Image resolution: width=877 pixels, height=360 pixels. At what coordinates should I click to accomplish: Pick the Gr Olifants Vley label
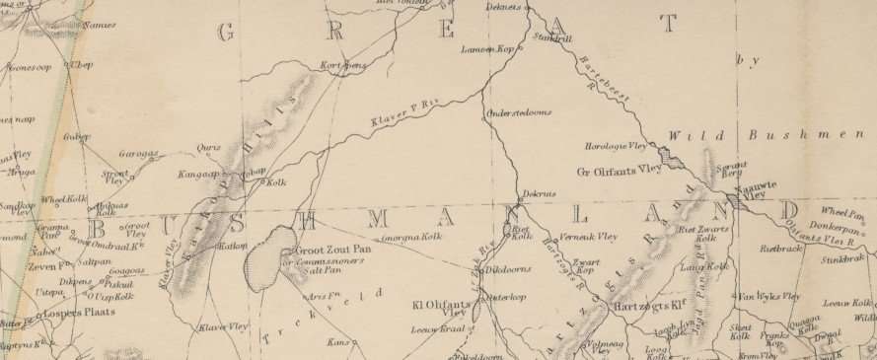click(x=619, y=170)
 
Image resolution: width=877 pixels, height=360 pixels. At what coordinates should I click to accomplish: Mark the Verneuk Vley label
click(x=588, y=237)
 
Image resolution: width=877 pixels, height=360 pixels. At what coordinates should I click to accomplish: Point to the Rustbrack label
click(x=779, y=249)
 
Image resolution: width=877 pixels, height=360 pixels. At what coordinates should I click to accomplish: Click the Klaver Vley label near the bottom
click(x=223, y=326)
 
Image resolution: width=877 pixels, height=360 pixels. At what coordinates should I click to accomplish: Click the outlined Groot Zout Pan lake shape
click(x=264, y=258)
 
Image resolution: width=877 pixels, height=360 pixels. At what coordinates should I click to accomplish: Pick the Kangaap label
click(x=196, y=174)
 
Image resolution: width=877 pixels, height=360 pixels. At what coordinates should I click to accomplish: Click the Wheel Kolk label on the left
click(x=62, y=198)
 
